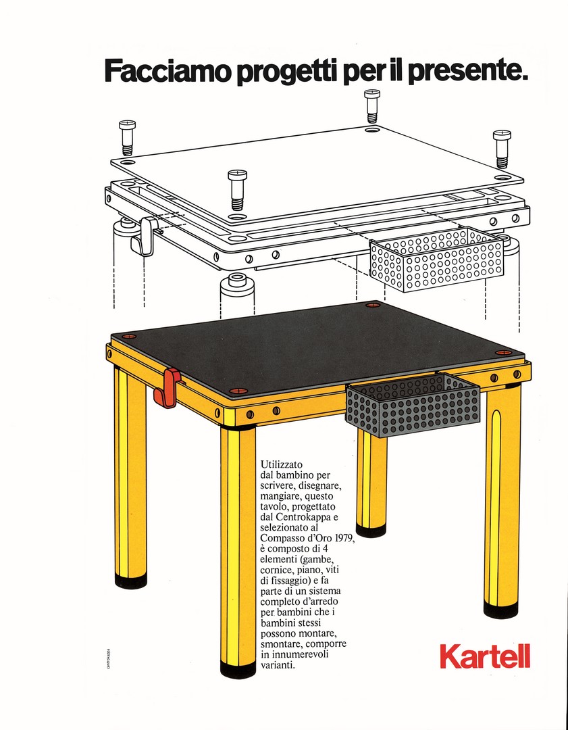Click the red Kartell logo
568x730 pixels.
point(485,656)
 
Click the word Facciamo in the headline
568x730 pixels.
point(167,70)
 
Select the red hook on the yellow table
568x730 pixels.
point(167,387)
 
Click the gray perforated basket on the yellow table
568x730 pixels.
point(412,404)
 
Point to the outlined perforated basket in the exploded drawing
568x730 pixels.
point(436,259)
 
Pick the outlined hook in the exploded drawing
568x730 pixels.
point(146,237)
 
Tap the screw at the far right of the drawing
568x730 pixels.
point(502,149)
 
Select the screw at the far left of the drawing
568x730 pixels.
point(127,137)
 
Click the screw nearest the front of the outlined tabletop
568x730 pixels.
point(237,190)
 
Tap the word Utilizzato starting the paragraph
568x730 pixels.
point(282,464)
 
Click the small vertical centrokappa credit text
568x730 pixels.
point(108,658)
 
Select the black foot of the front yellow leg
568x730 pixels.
point(238,669)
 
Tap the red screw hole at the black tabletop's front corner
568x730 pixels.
point(237,390)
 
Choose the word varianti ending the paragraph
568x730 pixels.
point(278,665)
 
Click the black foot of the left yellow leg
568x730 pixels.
point(131,580)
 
